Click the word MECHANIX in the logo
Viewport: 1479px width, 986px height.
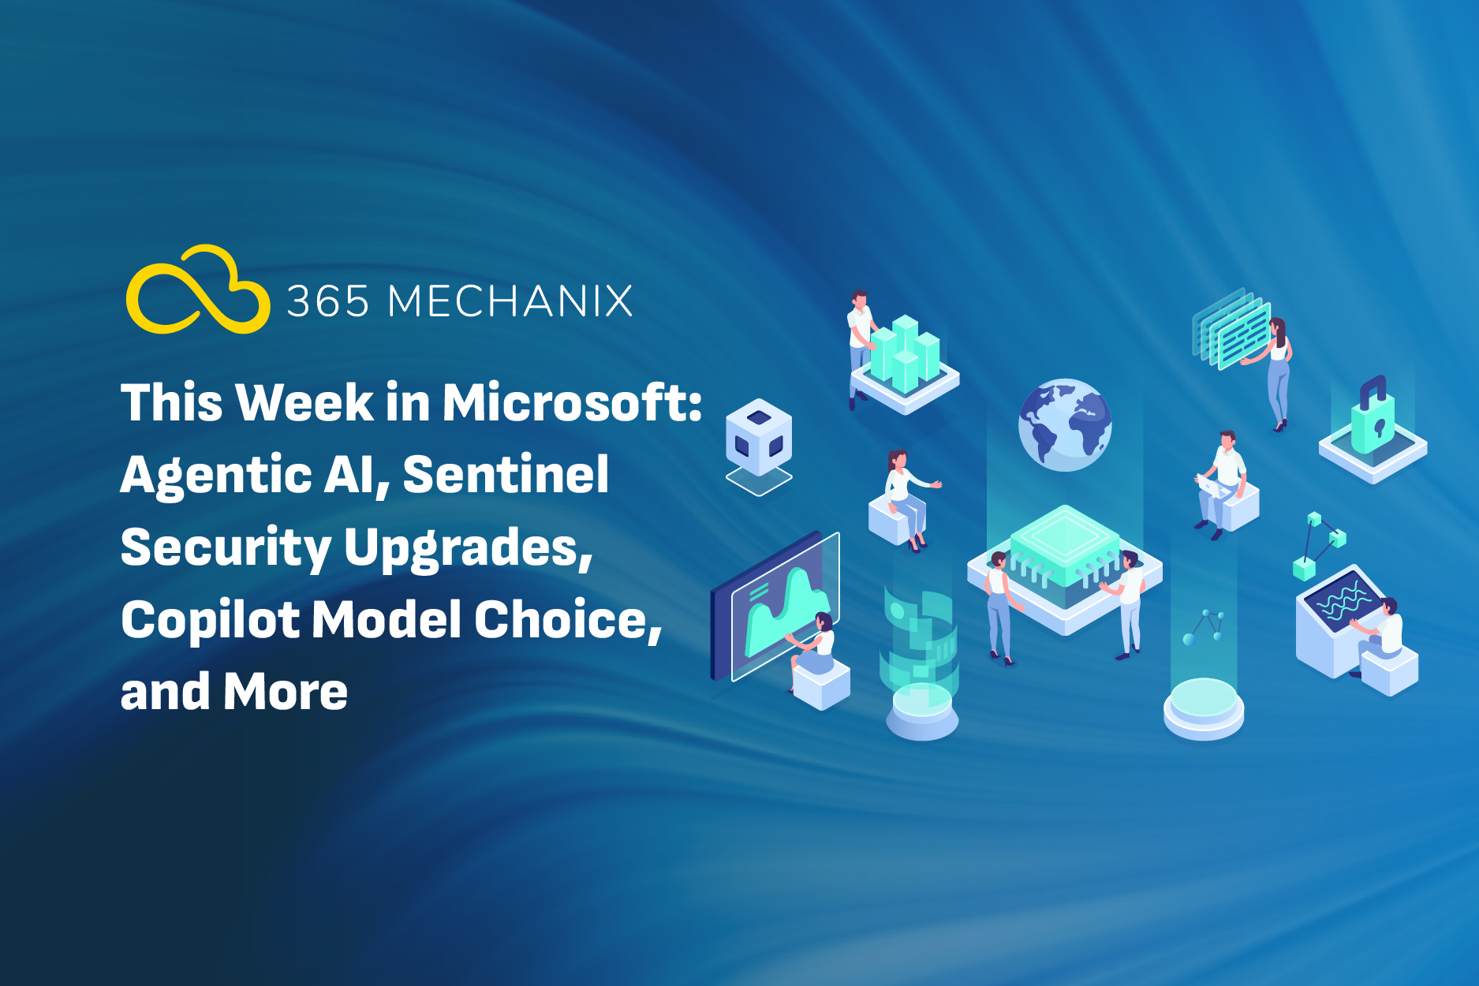click(x=510, y=301)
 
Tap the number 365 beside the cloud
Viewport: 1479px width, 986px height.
click(x=328, y=301)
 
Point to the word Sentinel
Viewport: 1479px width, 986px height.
click(x=506, y=474)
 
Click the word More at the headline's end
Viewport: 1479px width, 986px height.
click(x=286, y=692)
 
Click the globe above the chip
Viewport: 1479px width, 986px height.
click(x=1064, y=425)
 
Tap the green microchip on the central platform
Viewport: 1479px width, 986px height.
click(x=1065, y=544)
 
